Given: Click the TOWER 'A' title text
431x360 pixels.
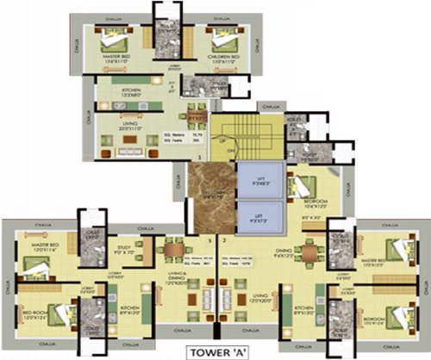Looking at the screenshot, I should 215,351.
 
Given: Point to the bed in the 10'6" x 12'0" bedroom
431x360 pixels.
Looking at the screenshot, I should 306,185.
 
